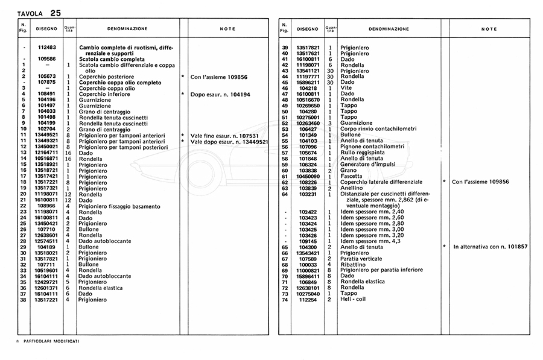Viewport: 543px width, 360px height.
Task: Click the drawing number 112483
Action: point(46,48)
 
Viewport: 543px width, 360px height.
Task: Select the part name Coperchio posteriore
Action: point(106,77)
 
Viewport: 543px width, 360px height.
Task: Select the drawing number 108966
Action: point(46,206)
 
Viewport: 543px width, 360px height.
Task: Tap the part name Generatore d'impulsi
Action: point(368,164)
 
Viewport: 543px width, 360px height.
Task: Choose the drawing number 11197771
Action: point(308,77)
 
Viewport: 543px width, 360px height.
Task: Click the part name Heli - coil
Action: point(354,299)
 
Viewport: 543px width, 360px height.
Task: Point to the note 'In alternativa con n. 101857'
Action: point(491,247)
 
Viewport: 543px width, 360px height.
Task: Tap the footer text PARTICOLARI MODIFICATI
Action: point(51,341)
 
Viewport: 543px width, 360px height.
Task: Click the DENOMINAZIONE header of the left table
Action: point(127,28)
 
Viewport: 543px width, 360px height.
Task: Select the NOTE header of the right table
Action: point(489,28)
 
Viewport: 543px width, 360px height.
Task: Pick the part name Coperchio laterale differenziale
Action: point(381,182)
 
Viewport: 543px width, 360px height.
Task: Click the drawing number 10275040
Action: point(308,294)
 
